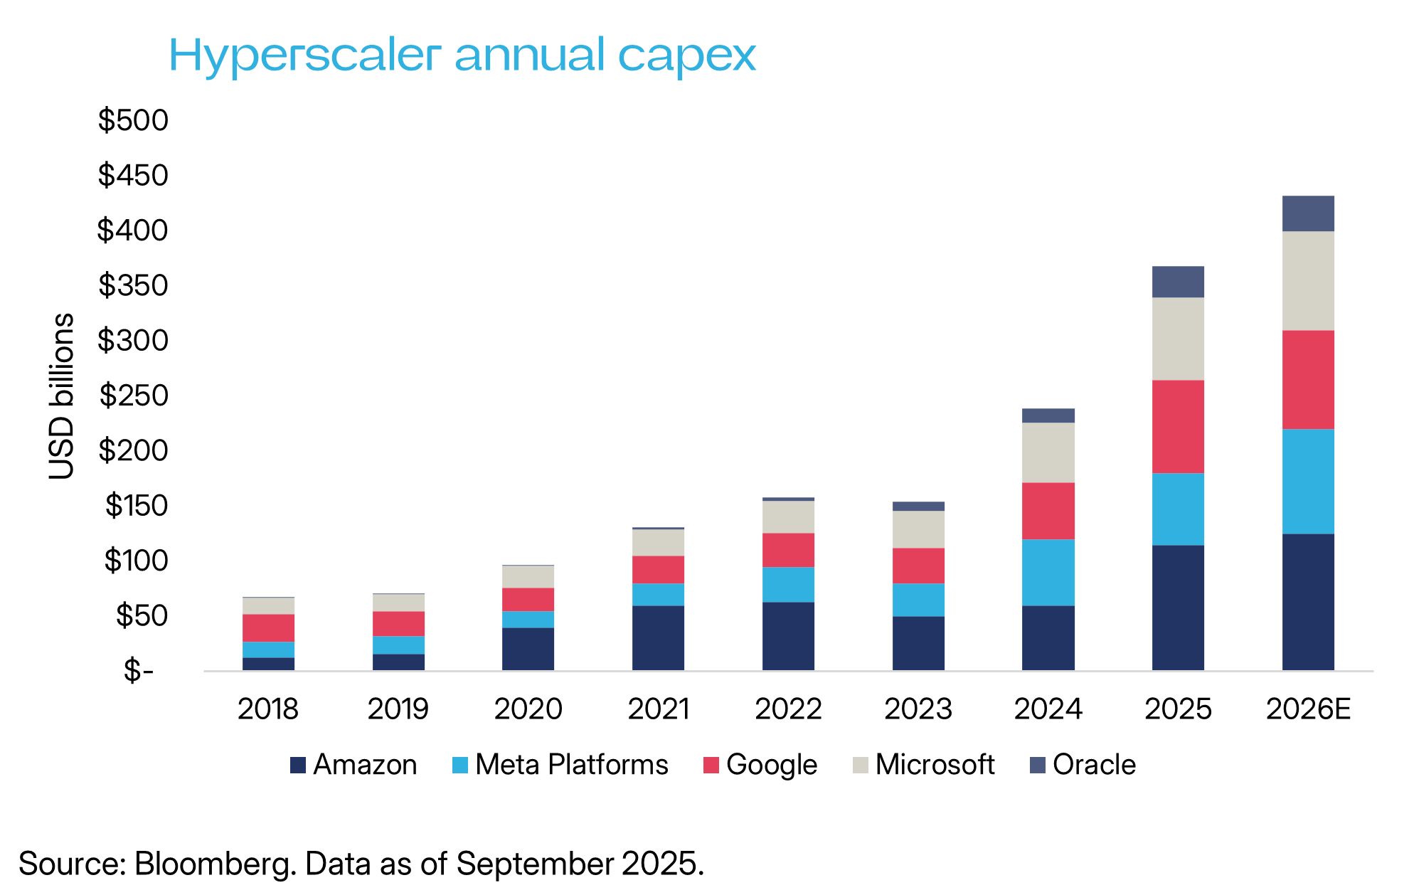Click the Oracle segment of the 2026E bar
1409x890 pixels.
point(1307,213)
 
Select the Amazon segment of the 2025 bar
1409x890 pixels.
point(1178,608)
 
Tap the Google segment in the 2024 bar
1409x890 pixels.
point(1048,511)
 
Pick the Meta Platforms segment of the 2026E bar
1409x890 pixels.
point(1307,482)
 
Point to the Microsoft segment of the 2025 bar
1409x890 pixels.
point(1178,339)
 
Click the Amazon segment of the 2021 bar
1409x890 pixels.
point(658,637)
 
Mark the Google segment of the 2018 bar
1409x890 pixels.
point(268,628)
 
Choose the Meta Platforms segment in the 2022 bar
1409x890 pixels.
point(788,585)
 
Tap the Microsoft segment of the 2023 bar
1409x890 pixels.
point(918,529)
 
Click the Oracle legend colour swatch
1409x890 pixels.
point(1038,765)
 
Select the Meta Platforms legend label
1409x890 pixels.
point(571,765)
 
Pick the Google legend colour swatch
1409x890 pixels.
point(711,765)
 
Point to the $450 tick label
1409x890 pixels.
point(133,175)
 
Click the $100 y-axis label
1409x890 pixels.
point(136,561)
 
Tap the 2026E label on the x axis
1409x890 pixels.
point(1308,709)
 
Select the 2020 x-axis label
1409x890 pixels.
point(528,709)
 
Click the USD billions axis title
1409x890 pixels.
point(62,396)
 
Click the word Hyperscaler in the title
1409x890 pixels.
point(304,55)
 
